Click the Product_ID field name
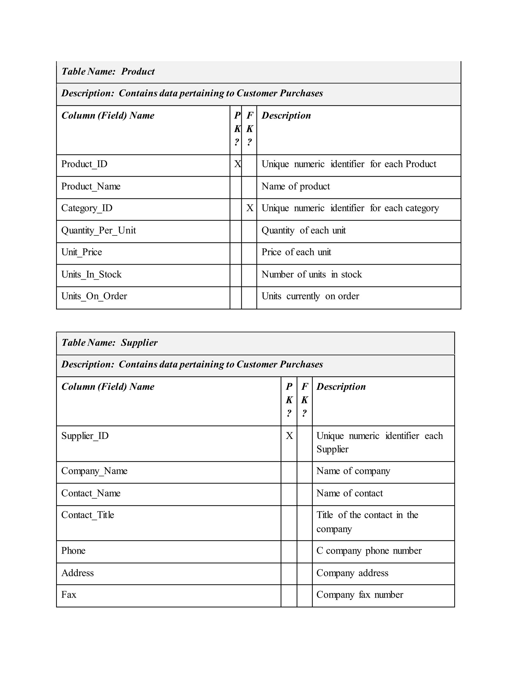[84, 164]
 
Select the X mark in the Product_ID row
[237, 164]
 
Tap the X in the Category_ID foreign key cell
[250, 208]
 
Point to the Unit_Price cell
[82, 252]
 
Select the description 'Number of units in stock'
[312, 275]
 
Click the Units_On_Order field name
[94, 296]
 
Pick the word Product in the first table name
[138, 72]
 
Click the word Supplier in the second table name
[139, 343]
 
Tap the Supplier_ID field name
[85, 436]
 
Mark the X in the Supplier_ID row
[289, 436]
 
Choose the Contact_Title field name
[88, 515]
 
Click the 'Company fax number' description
[360, 595]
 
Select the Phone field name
[73, 551]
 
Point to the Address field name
[77, 573]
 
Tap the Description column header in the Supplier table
[341, 387]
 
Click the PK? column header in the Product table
[237, 129]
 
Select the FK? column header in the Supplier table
[304, 400]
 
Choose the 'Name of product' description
[296, 186]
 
